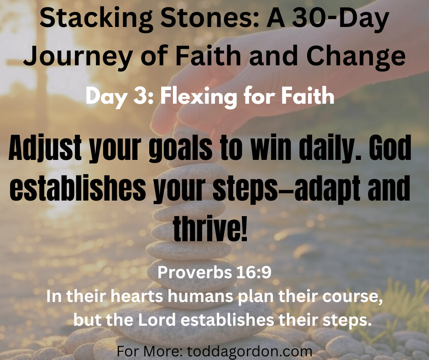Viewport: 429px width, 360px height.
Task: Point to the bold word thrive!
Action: pos(210,227)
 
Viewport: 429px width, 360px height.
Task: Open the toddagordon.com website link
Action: pos(250,351)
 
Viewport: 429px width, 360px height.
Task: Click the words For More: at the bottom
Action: pos(150,351)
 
